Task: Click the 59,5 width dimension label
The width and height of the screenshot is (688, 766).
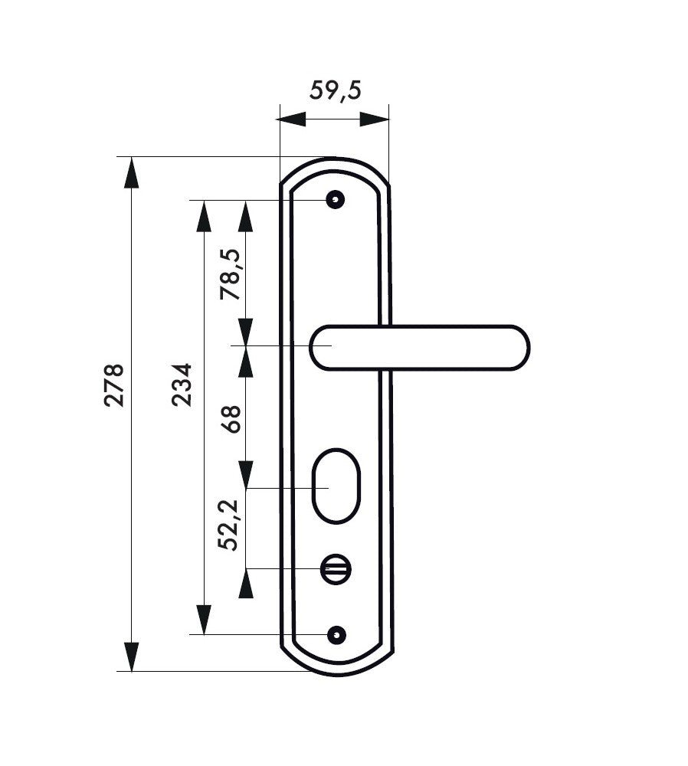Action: coord(336,91)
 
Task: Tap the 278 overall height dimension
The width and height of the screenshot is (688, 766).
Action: coord(114,385)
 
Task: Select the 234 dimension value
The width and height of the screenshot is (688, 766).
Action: coord(182,385)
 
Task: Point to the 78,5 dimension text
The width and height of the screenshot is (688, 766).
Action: coord(231,274)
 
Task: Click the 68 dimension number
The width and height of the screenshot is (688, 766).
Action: coord(231,419)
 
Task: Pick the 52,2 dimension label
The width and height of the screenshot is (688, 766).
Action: coord(228,525)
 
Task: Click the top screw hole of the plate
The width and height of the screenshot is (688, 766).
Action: coord(336,200)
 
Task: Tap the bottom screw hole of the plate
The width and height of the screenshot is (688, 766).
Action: coord(336,634)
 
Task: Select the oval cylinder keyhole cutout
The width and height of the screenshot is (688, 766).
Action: coord(336,486)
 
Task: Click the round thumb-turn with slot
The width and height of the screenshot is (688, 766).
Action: coord(336,569)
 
